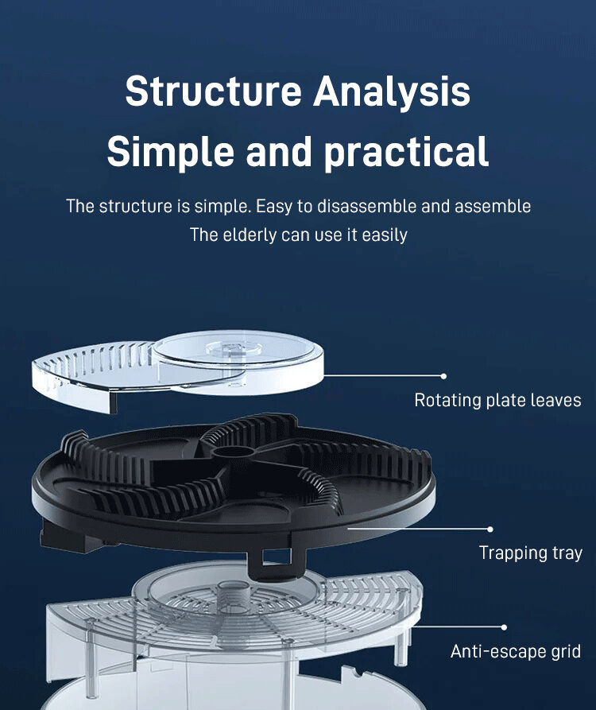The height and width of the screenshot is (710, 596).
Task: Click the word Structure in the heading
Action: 211,91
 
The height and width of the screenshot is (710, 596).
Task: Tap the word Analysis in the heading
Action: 391,91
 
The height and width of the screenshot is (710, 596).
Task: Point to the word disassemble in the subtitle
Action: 367,206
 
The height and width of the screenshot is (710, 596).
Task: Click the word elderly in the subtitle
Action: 247,235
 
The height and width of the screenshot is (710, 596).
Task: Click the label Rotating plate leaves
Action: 497,400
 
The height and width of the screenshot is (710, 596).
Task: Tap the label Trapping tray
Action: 530,553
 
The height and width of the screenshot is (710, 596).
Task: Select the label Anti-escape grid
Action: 516,652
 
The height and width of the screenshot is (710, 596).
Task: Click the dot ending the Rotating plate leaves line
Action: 443,376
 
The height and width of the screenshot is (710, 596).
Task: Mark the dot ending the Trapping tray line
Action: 490,529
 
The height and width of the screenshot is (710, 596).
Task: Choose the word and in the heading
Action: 277,151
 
